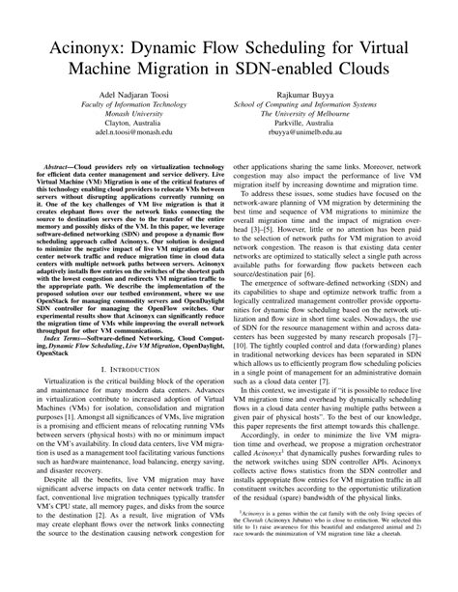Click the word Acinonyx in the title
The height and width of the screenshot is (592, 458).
pos(77,47)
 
